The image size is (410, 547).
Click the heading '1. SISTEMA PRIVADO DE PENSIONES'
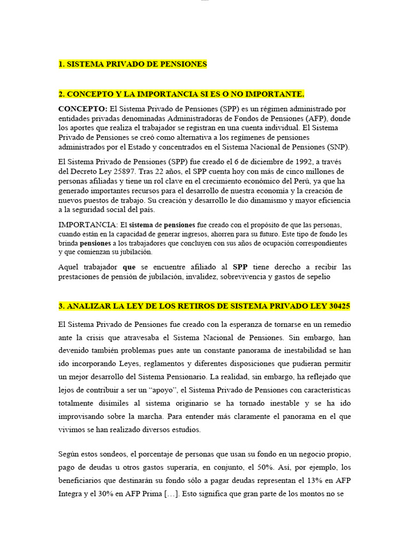[132, 64]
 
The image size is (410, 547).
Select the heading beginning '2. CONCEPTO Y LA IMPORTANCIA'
[181, 94]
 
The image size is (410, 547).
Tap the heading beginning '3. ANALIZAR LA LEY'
[204, 306]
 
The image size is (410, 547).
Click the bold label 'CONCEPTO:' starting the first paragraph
[82, 108]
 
